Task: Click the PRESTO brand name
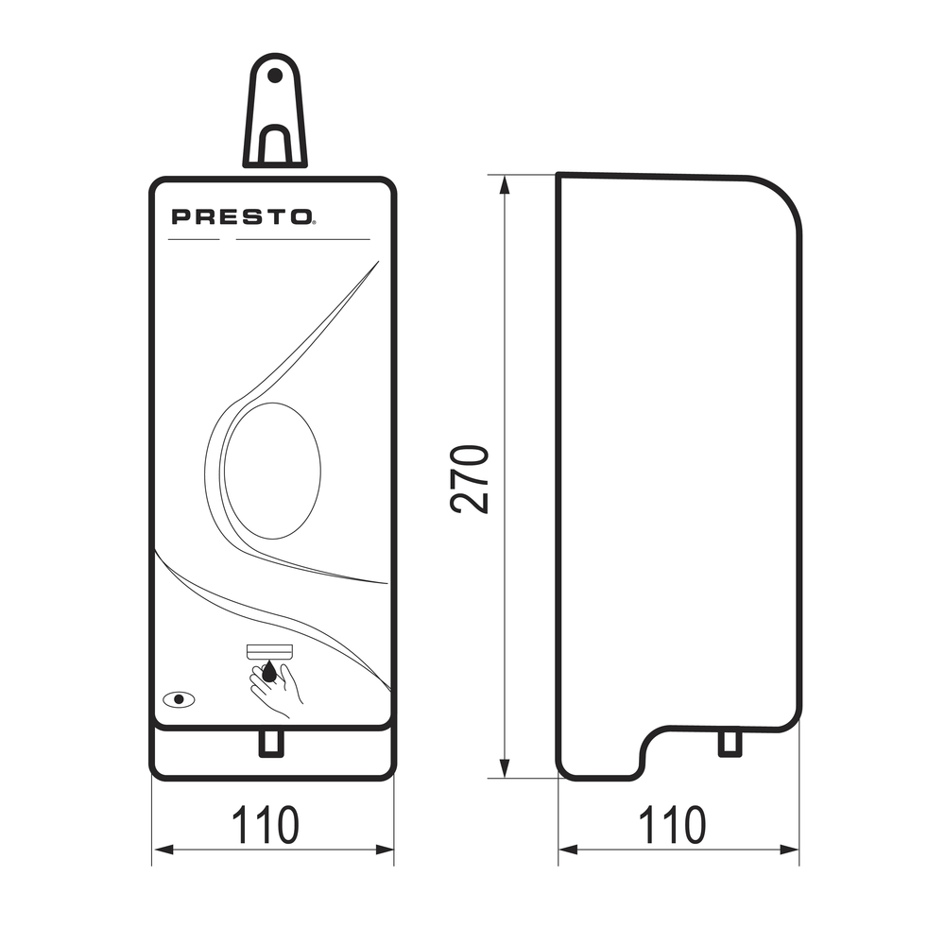pos(241,216)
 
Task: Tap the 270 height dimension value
pos(469,479)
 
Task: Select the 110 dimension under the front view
pos(266,824)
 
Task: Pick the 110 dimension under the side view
pos(672,824)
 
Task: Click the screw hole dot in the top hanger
pos(275,76)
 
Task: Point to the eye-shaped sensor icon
pos(179,699)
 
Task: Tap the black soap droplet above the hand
pos(269,671)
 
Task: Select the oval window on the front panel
pos(273,471)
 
